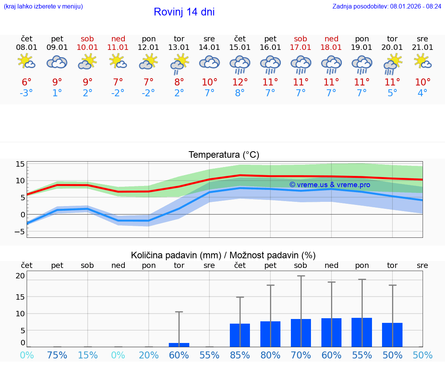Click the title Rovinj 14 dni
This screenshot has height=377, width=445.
coord(184,12)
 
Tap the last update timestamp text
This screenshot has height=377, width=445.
coord(387,6)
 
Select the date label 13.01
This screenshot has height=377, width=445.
coord(179,48)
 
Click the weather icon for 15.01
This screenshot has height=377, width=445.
coord(240,64)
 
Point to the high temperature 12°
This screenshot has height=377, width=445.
coord(240,82)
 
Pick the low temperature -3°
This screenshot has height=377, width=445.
coord(27,93)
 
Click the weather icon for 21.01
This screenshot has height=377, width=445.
coord(423,61)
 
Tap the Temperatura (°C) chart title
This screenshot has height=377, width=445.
coord(224,155)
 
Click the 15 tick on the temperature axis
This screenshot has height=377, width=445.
coord(20,164)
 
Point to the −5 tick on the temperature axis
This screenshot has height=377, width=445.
coord(20,232)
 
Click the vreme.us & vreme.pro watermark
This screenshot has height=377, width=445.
coord(330,185)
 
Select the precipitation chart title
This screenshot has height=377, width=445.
coord(223,255)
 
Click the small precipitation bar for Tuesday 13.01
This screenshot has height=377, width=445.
coord(179,345)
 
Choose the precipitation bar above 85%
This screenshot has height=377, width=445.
coord(240,335)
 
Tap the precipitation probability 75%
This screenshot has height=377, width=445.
coord(57,355)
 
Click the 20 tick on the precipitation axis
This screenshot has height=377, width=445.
coord(20,276)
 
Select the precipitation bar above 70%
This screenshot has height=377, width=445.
coord(301,333)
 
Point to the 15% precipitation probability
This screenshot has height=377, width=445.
coord(88,355)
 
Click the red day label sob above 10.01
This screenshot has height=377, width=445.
coord(88,39)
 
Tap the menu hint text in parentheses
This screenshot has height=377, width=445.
coord(43,6)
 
